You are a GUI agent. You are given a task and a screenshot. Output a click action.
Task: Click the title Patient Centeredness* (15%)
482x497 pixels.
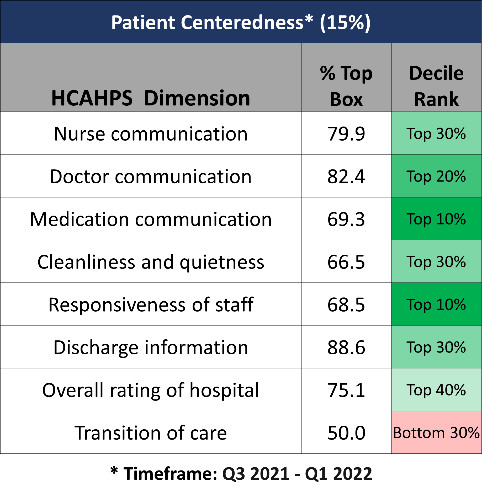tap(241, 23)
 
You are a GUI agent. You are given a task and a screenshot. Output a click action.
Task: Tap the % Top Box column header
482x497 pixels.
tap(346, 86)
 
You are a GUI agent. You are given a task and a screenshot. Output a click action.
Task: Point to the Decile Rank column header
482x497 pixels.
tap(436, 86)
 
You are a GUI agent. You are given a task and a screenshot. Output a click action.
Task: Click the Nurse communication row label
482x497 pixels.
tap(151, 134)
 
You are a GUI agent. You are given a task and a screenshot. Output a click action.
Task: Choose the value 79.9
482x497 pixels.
tap(346, 134)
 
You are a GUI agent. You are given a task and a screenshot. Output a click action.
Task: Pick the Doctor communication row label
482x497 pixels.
tap(151, 177)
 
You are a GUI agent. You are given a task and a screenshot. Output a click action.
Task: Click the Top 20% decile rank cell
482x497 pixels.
tap(436, 176)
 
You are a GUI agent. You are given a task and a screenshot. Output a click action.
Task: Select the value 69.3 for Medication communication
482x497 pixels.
tap(346, 219)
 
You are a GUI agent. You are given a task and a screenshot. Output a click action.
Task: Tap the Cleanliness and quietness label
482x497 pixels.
tap(151, 262)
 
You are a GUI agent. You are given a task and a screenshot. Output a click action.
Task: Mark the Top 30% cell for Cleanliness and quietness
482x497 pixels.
tap(436, 261)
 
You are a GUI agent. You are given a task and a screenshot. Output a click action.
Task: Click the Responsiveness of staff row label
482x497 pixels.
tap(151, 305)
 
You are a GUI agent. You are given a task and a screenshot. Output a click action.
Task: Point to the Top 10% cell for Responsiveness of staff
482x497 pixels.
tap(436, 304)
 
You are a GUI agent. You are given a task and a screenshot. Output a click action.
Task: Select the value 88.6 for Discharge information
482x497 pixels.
tap(346, 348)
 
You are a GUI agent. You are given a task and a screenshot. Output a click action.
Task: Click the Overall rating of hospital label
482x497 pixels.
tap(151, 390)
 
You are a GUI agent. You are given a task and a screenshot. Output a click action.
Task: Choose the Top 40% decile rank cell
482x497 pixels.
tap(436, 390)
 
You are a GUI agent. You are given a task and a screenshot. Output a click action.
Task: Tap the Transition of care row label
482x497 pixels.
tap(151, 433)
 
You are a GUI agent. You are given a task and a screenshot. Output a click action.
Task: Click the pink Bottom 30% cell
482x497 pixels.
tap(436, 432)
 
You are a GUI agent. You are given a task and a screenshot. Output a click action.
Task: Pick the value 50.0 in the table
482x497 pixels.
tap(346, 433)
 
